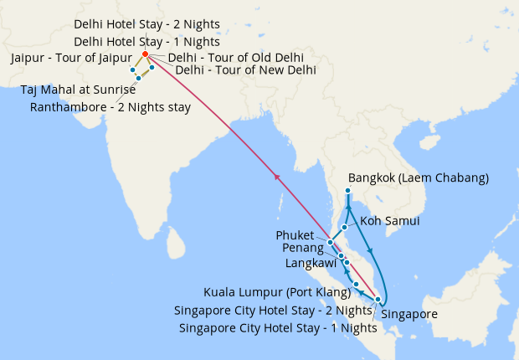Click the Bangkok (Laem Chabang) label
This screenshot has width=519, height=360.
[x=406, y=177]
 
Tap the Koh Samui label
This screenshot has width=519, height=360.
[x=389, y=221]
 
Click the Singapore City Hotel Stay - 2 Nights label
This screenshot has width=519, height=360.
[x=272, y=310]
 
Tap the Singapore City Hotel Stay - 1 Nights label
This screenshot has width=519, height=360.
[x=278, y=327]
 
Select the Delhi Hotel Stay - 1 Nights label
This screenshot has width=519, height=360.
[x=146, y=41]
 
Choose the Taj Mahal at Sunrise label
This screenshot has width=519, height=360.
[x=78, y=90]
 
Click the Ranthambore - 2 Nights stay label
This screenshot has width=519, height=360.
[x=110, y=106]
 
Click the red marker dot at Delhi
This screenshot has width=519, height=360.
[x=145, y=54]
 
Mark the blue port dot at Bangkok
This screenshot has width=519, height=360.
[x=347, y=191]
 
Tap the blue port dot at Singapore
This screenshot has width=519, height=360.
[x=378, y=300]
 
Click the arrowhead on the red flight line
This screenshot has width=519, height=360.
[x=276, y=177]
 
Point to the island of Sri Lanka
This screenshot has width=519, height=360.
[x=175, y=243]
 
